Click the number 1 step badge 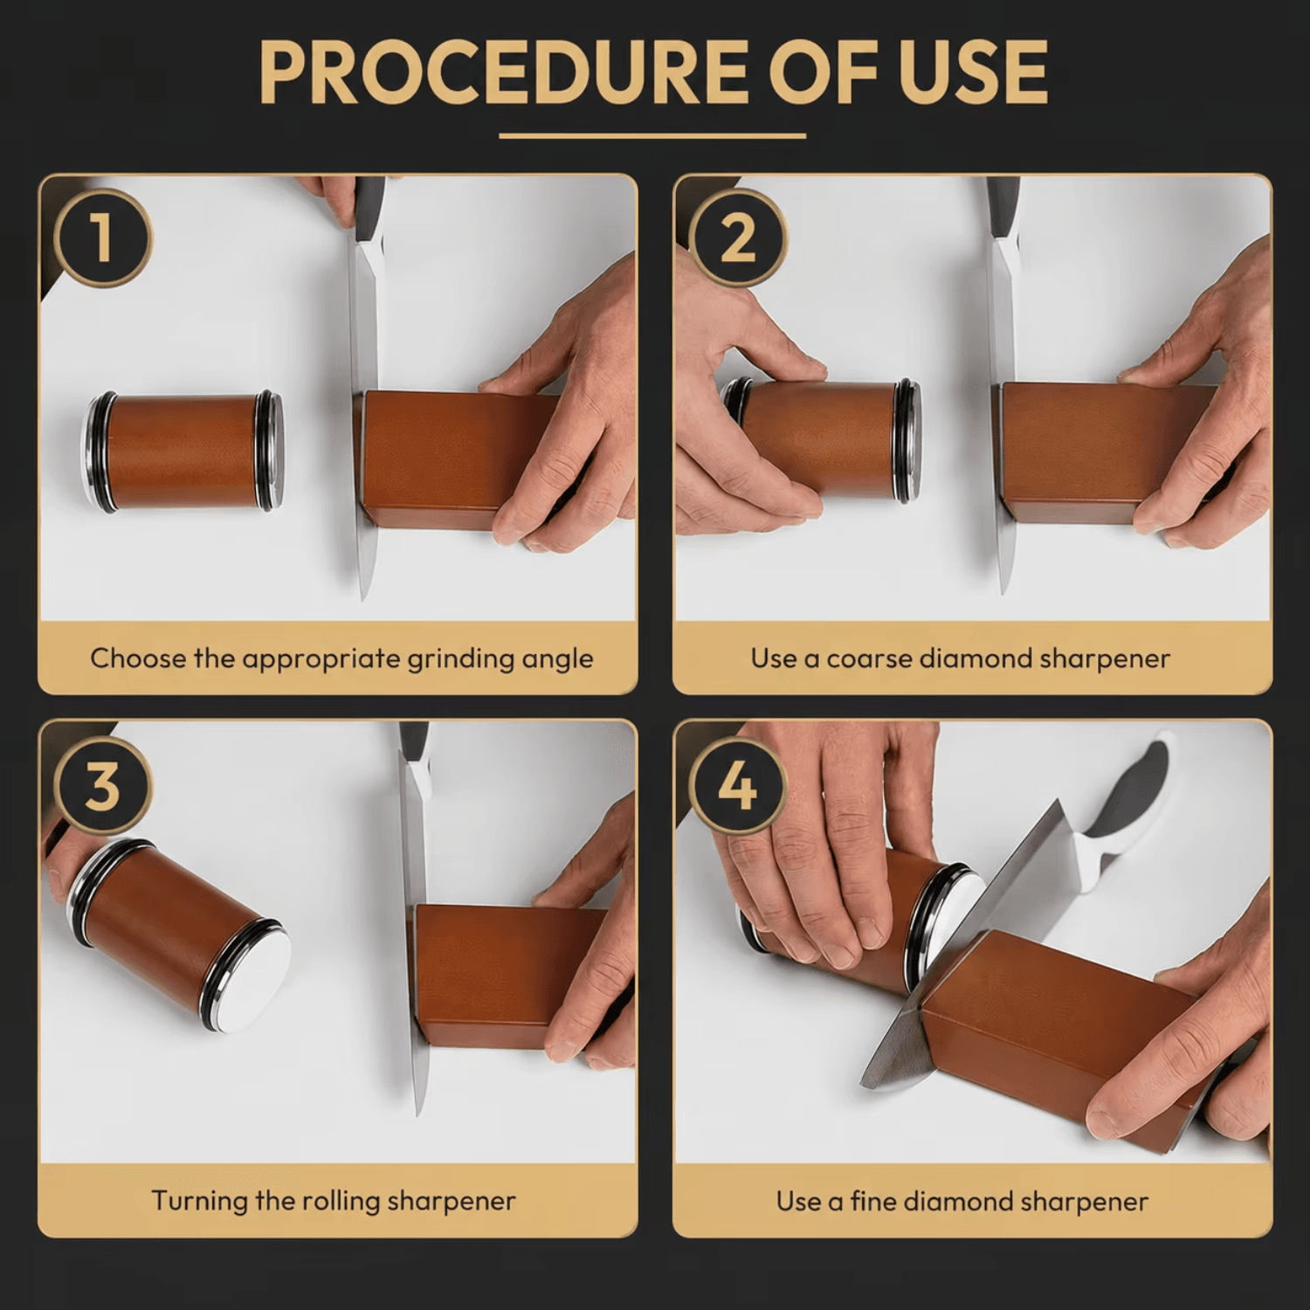[103, 238]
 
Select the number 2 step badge [738, 238]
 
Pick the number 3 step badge [103, 785]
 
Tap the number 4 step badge [738, 785]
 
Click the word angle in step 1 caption [557, 659]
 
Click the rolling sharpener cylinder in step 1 [183, 452]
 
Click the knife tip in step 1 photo [364, 599]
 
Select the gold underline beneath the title [652, 136]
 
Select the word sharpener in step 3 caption [452, 1203]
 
